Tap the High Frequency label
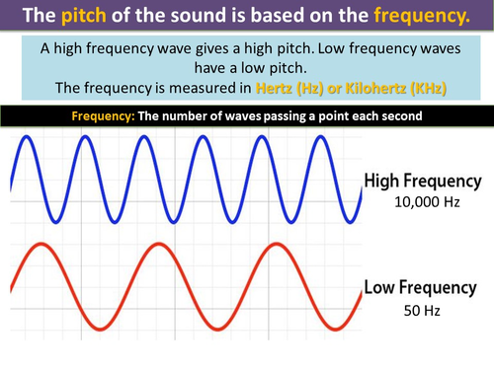[x=423, y=182]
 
